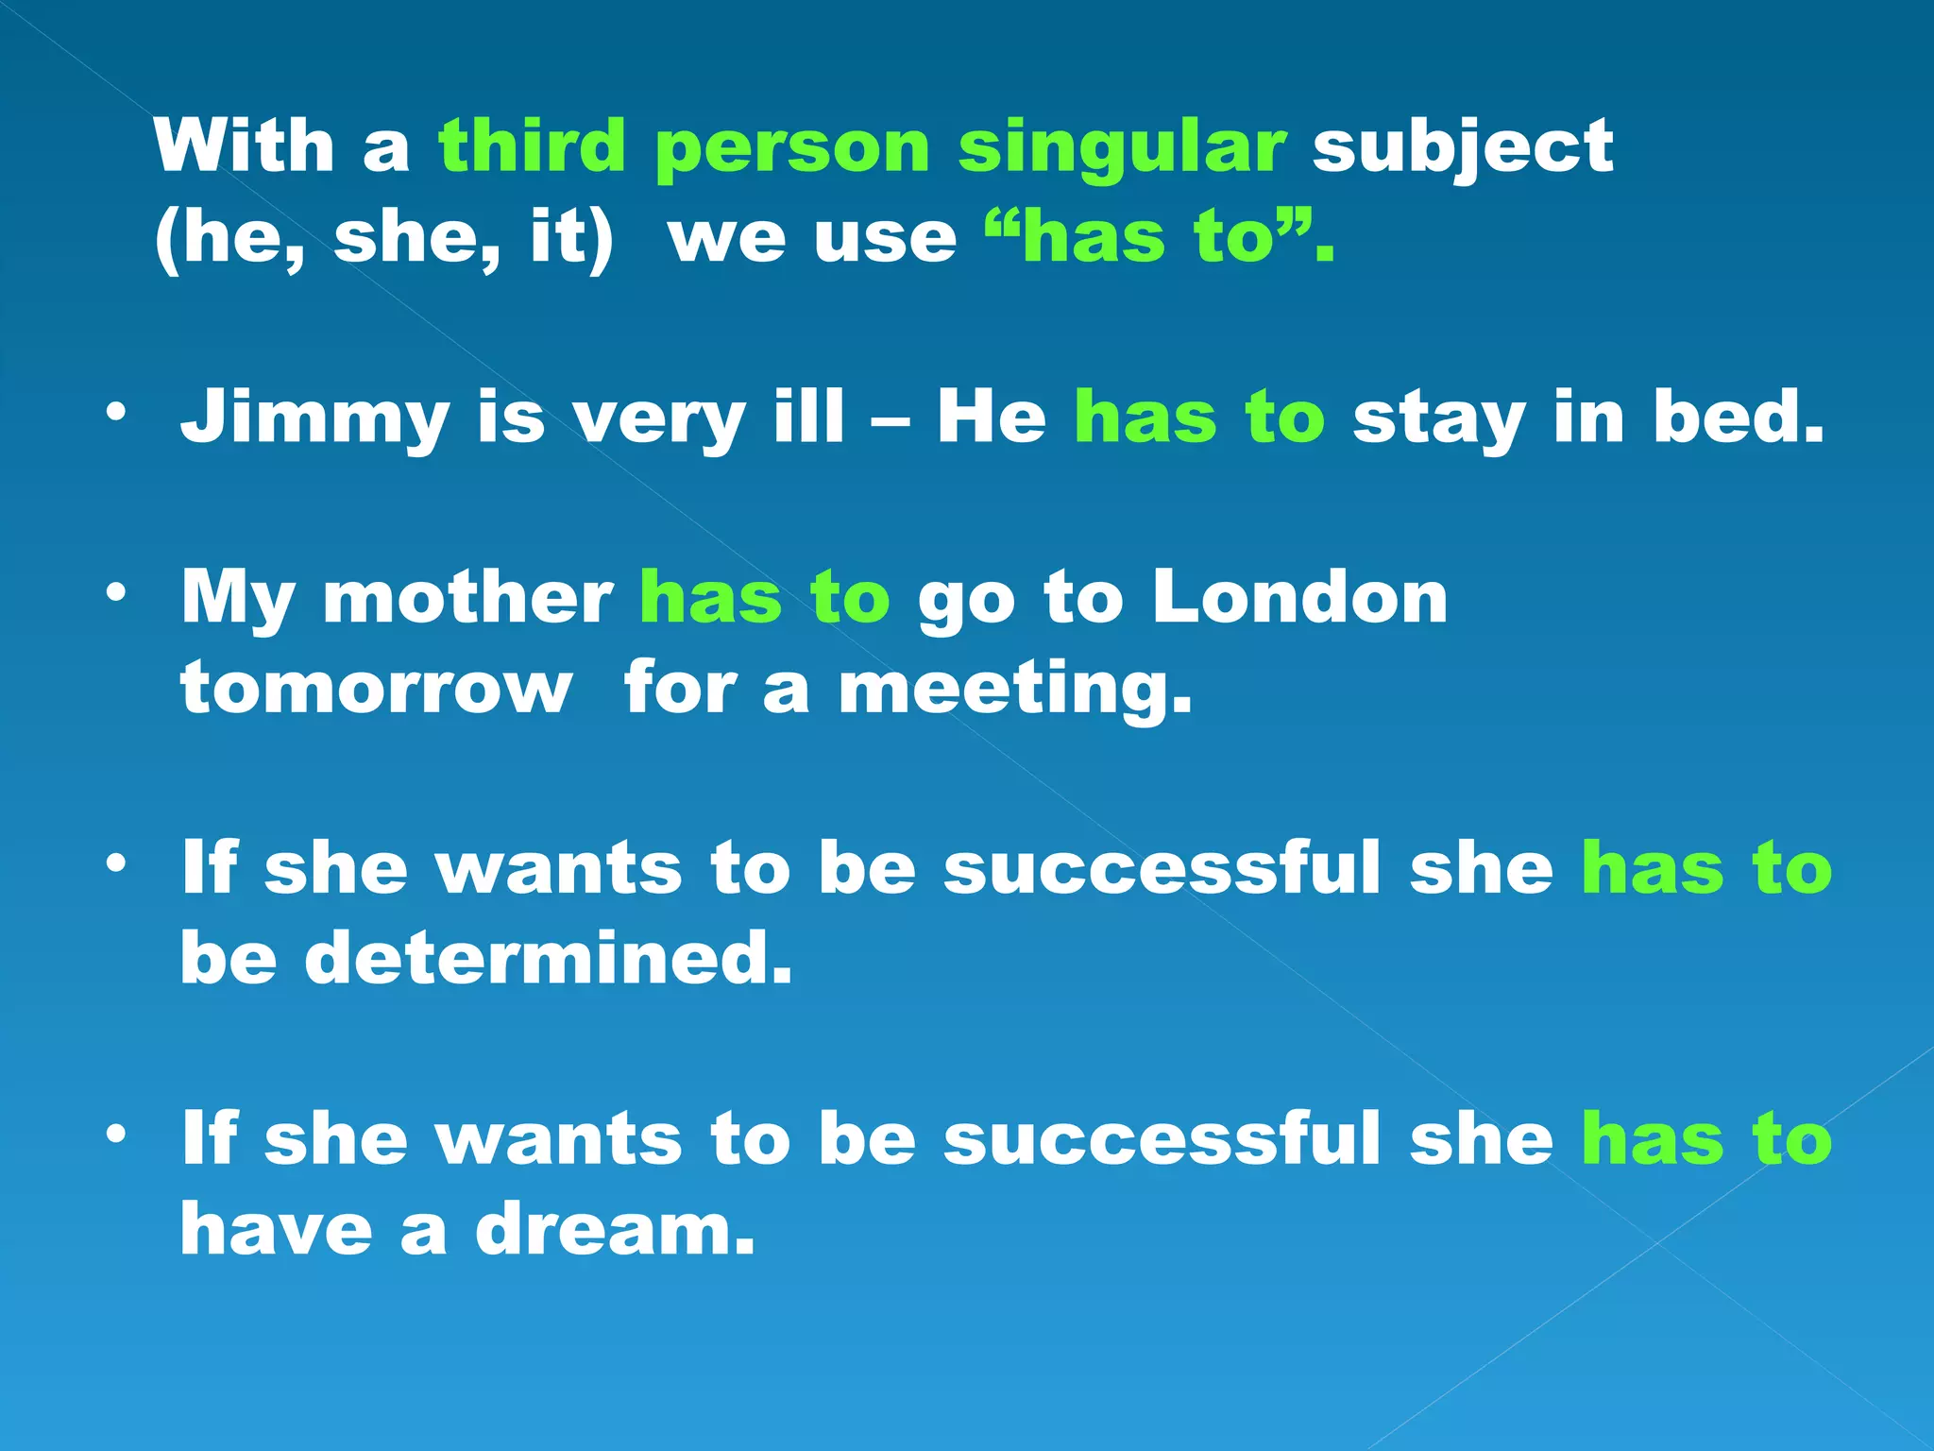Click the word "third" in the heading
tap(532, 146)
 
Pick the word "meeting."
tap(1016, 690)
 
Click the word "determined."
tap(548, 958)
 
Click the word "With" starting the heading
tap(245, 146)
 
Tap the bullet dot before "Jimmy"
tap(115, 412)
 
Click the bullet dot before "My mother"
tap(115, 593)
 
